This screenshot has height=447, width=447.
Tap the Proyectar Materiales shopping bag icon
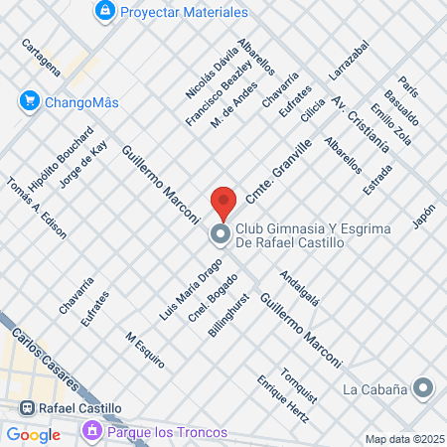click(x=104, y=11)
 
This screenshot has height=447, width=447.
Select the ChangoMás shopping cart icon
click(x=28, y=100)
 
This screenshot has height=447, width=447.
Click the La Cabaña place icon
click(x=424, y=387)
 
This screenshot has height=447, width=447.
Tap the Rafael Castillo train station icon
click(x=27, y=408)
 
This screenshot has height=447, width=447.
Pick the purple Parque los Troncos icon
click(x=92, y=432)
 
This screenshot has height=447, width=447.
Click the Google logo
click(x=33, y=434)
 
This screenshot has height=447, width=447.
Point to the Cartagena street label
click(x=48, y=59)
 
